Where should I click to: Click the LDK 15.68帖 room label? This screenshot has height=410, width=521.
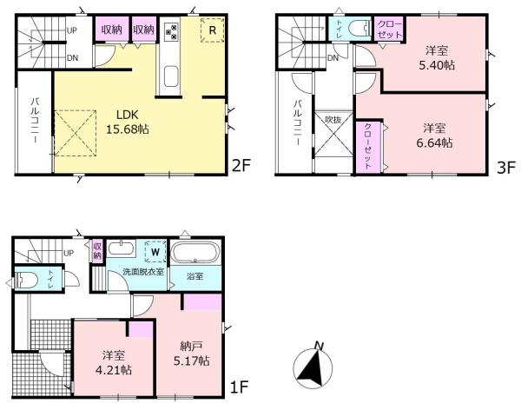click(x=128, y=122)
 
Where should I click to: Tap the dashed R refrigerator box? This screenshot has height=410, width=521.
click(x=213, y=30)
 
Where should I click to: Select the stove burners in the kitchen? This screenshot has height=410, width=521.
click(x=171, y=30)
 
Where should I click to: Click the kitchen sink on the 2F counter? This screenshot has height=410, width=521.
click(x=171, y=76)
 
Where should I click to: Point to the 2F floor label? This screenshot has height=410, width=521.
click(x=241, y=165)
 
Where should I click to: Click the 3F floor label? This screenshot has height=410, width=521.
click(x=505, y=168)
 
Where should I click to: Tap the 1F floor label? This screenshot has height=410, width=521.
click(x=240, y=387)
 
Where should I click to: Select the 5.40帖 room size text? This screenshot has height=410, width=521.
click(x=437, y=65)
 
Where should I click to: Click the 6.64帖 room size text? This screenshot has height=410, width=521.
click(x=434, y=142)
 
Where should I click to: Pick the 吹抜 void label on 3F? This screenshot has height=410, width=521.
click(x=333, y=119)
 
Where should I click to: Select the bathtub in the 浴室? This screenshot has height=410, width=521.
click(x=195, y=252)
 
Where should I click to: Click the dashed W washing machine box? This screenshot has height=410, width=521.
click(x=155, y=252)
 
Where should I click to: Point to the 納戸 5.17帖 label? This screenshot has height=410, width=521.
click(x=191, y=354)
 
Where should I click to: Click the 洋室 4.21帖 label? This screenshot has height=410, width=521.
click(x=114, y=363)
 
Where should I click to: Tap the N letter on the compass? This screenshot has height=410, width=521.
click(x=320, y=347)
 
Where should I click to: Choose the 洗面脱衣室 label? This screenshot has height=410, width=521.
click(x=143, y=271)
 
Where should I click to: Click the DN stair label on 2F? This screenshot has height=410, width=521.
click(x=72, y=58)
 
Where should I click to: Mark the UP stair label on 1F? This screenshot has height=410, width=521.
click(x=69, y=253)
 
